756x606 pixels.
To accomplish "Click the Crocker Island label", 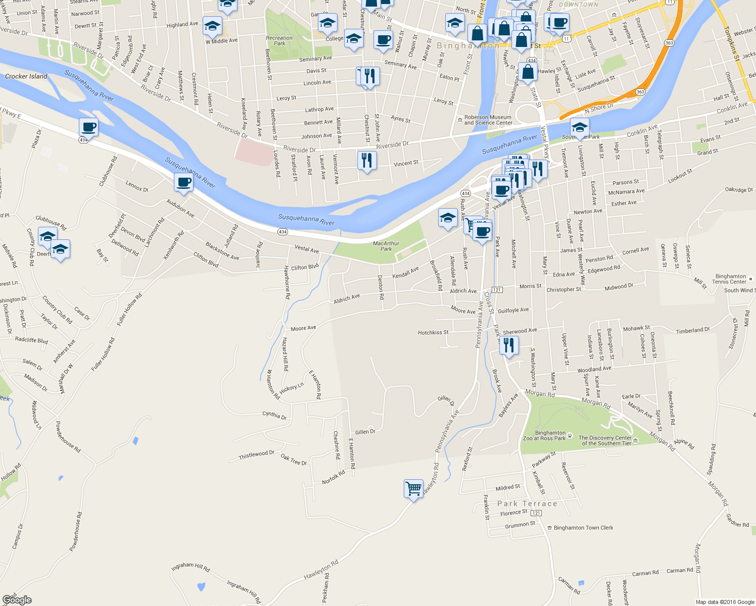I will tap(26, 76).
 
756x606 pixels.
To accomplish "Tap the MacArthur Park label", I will tap(386, 246).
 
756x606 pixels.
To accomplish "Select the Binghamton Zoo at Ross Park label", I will tap(544, 435).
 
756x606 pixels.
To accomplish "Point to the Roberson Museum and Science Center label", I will tap(488, 120).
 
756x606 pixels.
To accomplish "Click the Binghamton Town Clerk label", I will tap(583, 528).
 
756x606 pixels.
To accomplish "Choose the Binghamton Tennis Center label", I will tap(730, 279).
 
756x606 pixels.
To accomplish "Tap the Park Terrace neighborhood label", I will tap(527, 503).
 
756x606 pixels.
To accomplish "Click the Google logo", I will tap(17, 599).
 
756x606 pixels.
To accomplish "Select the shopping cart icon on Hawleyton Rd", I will tap(413, 489).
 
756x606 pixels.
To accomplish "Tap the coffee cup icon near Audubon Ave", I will tap(183, 182).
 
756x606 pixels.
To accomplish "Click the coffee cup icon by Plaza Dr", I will tap(88, 127).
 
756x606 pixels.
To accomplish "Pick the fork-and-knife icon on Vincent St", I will tap(367, 161).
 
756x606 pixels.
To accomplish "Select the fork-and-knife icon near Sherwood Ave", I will tap(509, 345).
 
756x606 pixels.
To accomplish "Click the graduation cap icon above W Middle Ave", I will tap(212, 26).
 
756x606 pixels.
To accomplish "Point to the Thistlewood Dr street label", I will tap(256, 455).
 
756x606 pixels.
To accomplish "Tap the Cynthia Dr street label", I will tap(274, 415).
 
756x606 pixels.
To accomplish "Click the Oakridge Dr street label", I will tap(739, 190).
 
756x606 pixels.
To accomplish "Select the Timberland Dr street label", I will tap(693, 330).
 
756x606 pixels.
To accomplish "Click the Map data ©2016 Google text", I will tap(725, 602).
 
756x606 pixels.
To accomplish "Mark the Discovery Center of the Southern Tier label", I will tap(605, 440).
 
